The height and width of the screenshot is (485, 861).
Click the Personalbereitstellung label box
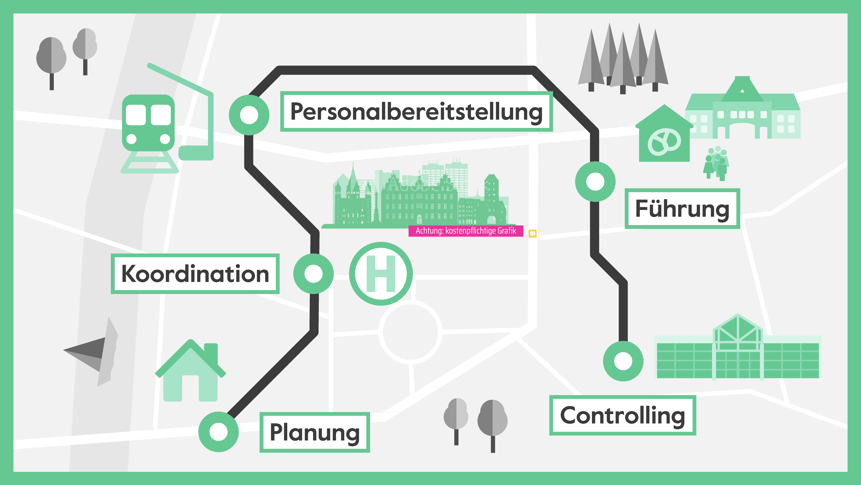416,111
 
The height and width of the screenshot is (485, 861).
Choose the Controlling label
622,415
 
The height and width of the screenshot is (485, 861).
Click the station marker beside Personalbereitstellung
249,115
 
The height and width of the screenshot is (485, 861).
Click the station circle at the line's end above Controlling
623,361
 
